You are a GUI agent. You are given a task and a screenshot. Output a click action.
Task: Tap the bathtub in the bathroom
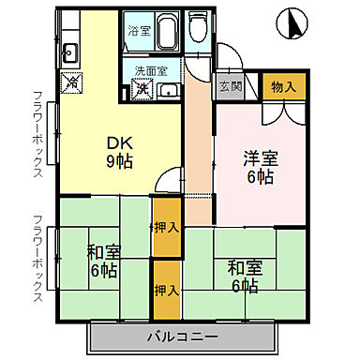164,35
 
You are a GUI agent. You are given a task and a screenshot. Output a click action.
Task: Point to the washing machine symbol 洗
142,89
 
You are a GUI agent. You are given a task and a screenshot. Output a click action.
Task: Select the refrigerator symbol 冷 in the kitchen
71,83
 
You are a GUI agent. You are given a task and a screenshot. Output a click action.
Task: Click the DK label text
116,142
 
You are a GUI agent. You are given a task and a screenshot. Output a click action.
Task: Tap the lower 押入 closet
166,291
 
